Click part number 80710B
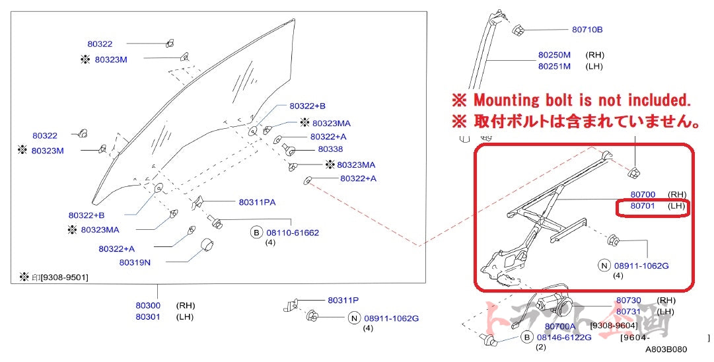pyautogui.click(x=587, y=29)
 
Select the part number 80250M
pyautogui.click(x=554, y=55)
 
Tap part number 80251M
pyautogui.click(x=554, y=66)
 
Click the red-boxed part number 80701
pyautogui.click(x=643, y=206)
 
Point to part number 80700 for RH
pyautogui.click(x=643, y=194)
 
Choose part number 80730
pyautogui.click(x=628, y=301)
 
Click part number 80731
pyautogui.click(x=628, y=312)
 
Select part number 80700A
pyautogui.click(x=560, y=326)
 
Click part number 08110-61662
pyautogui.click(x=292, y=233)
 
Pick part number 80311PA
pyautogui.click(x=257, y=201)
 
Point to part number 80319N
pyautogui.click(x=135, y=262)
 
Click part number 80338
pyautogui.click(x=330, y=149)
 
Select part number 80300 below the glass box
pyautogui.click(x=148, y=306)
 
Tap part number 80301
pyautogui.click(x=148, y=317)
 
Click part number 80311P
pyautogui.click(x=343, y=300)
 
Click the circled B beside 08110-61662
pyautogui.click(x=256, y=233)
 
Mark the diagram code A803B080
pyautogui.click(x=666, y=349)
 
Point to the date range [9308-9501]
pyautogui.click(x=63, y=277)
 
